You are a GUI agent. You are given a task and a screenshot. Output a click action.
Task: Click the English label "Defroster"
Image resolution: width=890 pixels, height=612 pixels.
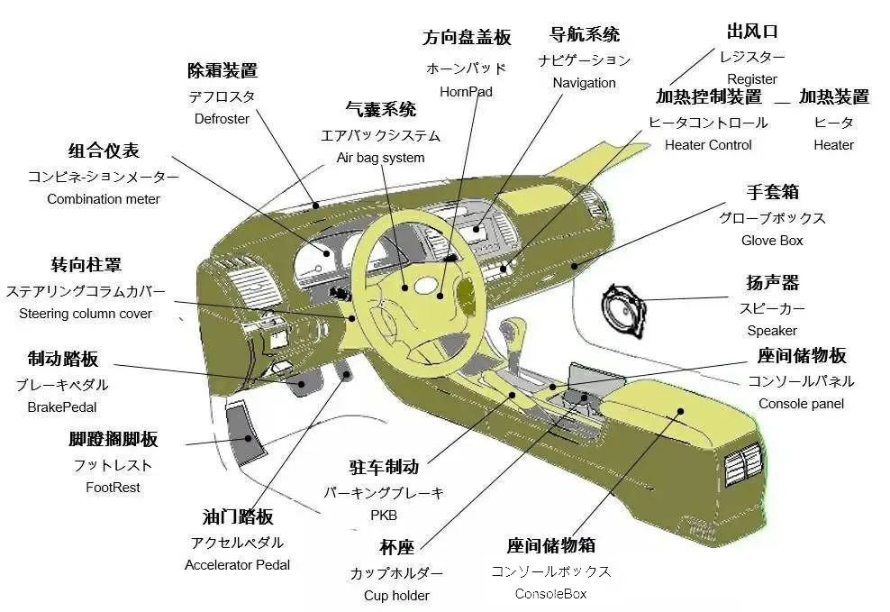click(222, 119)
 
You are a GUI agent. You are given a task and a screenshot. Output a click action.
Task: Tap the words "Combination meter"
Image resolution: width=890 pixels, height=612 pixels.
click(104, 199)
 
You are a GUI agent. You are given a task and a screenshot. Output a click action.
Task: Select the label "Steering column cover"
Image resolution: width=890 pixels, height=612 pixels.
click(86, 314)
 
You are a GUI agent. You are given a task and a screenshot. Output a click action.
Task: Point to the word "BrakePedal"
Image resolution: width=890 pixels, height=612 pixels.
click(62, 407)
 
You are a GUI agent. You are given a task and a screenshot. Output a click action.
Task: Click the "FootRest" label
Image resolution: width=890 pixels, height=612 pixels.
click(114, 488)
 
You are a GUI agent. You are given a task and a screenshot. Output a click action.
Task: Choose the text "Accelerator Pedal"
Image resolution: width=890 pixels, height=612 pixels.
click(238, 565)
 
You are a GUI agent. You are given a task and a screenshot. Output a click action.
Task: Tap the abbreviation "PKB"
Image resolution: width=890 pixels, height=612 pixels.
click(384, 516)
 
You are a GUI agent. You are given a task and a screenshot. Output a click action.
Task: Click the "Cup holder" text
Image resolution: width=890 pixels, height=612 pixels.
click(396, 595)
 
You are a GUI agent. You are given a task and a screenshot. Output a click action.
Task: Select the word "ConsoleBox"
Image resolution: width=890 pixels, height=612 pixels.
click(550, 593)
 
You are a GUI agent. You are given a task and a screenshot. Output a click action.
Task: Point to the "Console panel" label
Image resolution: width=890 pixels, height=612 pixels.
click(801, 404)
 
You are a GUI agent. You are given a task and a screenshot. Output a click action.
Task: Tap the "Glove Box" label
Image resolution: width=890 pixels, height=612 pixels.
click(772, 241)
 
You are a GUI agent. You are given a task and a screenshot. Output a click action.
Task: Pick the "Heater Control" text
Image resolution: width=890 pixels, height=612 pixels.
click(708, 145)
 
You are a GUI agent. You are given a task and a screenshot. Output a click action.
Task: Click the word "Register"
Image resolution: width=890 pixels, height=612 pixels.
click(752, 79)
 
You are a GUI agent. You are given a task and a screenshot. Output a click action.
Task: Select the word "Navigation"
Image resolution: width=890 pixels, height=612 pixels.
click(585, 83)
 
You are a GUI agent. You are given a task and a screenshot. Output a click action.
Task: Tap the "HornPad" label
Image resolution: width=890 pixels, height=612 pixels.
click(466, 91)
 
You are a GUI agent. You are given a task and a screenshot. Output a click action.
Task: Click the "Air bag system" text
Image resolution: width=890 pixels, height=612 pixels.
click(380, 158)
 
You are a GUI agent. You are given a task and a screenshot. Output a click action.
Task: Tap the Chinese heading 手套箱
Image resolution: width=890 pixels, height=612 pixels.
click(773, 193)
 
